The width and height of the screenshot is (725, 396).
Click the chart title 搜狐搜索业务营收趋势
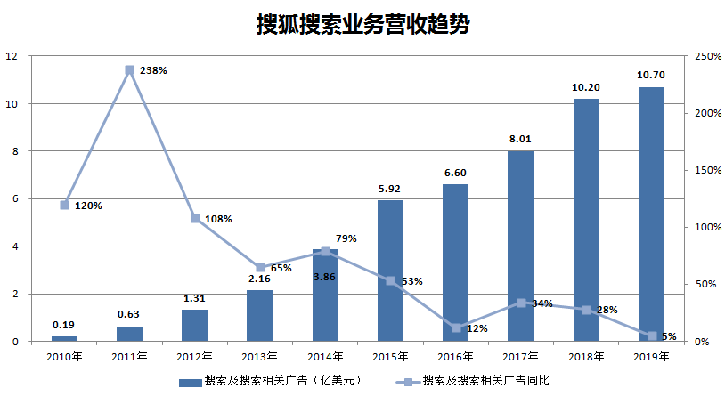(362, 24)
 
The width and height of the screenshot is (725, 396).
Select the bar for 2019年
(651, 214)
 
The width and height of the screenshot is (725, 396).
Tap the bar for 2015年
(390, 271)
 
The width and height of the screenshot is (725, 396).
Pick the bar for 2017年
(521, 246)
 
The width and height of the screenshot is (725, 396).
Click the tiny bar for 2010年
(64, 338)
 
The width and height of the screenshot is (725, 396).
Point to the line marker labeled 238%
(129, 69)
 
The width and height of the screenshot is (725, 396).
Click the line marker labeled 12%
(456, 327)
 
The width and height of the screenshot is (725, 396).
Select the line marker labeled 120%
(64, 205)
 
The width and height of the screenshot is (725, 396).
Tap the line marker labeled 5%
(651, 335)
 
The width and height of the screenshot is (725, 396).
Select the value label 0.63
(129, 313)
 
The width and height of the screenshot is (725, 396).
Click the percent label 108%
(217, 219)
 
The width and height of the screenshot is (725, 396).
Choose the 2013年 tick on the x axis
(260, 357)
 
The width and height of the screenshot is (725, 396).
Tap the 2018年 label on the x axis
(586, 357)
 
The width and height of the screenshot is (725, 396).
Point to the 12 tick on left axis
(12, 56)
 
